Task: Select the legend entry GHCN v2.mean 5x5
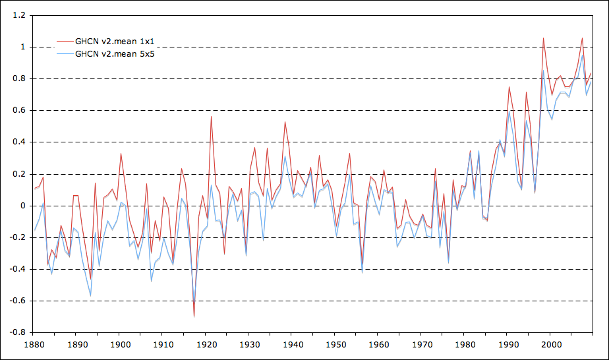coord(115,53)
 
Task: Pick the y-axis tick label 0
coord(22,206)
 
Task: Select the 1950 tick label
coord(335,344)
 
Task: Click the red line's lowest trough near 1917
coord(194,316)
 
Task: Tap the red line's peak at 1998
coord(543,38)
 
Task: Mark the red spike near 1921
coord(211,117)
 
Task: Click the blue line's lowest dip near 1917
coord(194,304)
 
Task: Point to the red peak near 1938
coord(285,122)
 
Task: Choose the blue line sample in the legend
coord(64,53)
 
